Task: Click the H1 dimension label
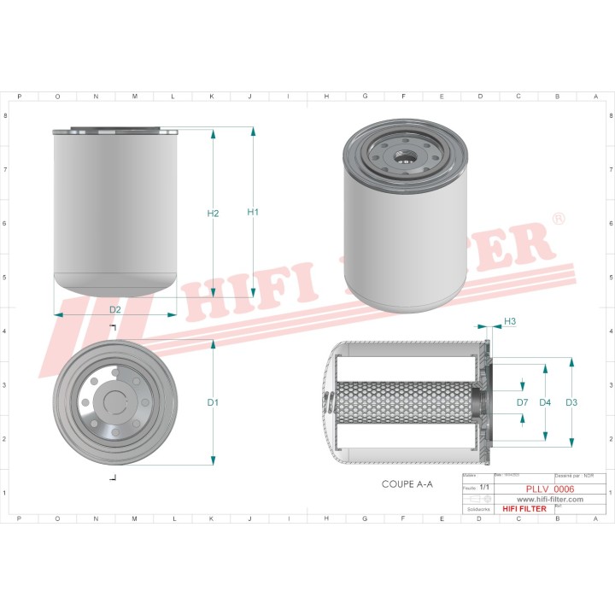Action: tap(253, 212)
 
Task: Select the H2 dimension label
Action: tap(214, 213)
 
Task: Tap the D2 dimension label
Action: tap(115, 308)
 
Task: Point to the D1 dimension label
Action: tap(214, 401)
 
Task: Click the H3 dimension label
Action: tap(510, 321)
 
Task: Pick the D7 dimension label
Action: tap(522, 402)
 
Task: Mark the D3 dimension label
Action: tap(571, 402)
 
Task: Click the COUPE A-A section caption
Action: tap(407, 484)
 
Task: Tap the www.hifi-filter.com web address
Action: tap(545, 499)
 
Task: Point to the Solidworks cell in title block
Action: tap(473, 509)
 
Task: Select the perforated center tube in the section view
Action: tap(401, 402)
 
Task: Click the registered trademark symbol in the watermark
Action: tap(559, 220)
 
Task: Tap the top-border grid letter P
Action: tap(20, 97)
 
